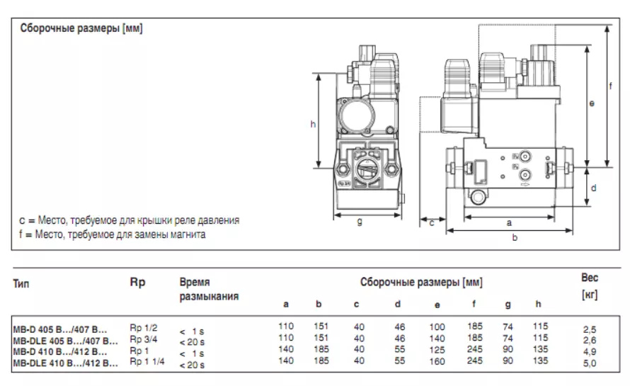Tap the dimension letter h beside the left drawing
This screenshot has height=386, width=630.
(x=313, y=125)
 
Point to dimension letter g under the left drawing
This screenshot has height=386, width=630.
(x=360, y=222)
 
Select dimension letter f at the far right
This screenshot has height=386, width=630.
(x=611, y=86)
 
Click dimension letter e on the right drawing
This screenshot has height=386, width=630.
(x=592, y=103)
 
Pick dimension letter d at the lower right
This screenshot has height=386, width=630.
(x=593, y=188)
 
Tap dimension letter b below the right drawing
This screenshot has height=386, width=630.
(x=515, y=238)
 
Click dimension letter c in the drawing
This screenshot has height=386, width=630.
(x=431, y=223)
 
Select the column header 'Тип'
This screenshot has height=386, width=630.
(x=21, y=284)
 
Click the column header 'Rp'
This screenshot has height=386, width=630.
(x=137, y=282)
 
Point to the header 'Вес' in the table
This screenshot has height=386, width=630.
(x=589, y=278)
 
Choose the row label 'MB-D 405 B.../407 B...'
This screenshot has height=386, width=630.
(x=61, y=329)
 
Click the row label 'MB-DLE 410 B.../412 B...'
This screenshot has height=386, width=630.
(x=66, y=363)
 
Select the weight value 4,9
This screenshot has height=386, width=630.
(x=589, y=352)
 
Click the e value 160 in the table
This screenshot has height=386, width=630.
(x=437, y=361)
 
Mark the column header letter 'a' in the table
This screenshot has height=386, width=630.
(x=286, y=305)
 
